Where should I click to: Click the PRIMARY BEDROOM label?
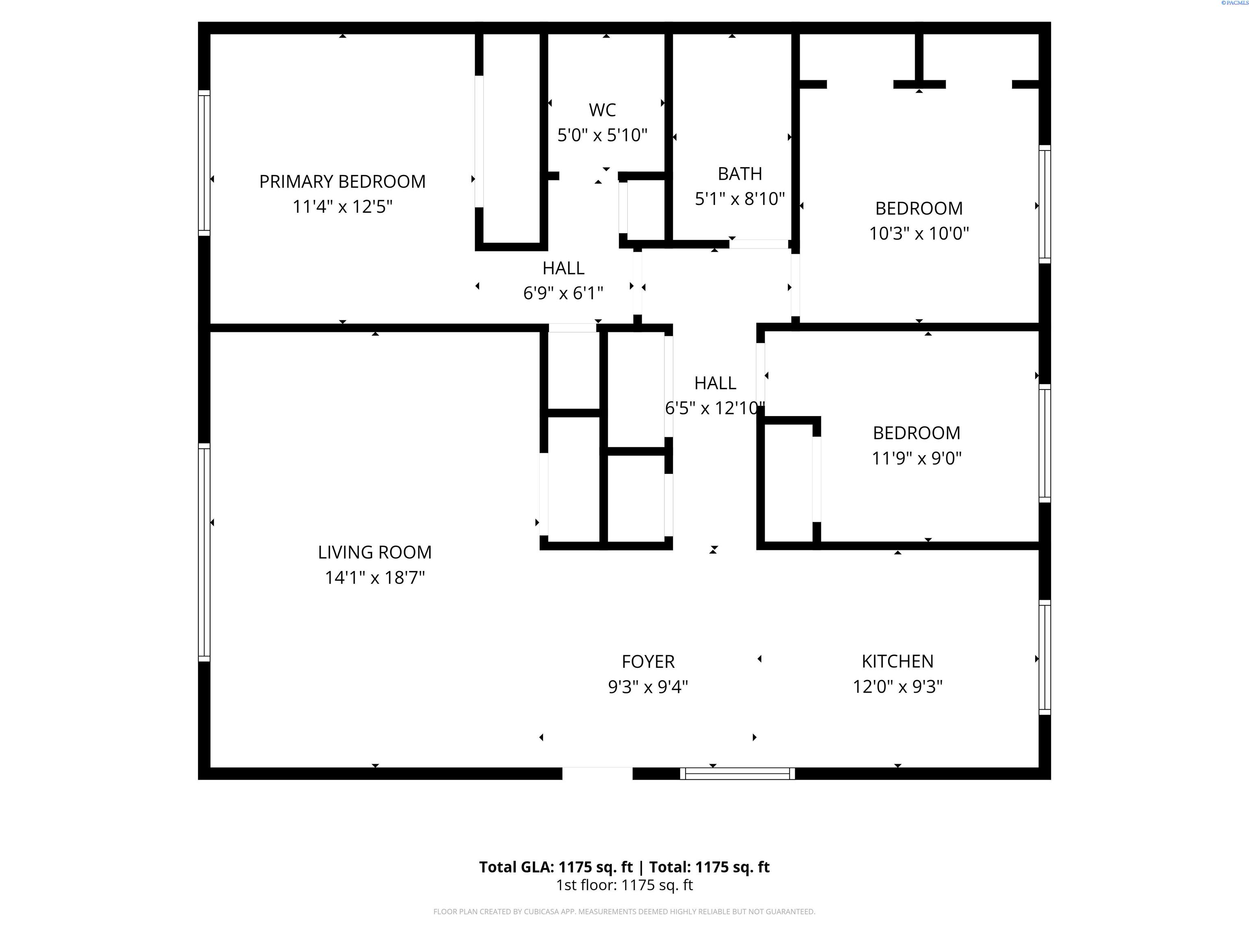coord(342,181)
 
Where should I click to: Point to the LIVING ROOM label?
coord(375,552)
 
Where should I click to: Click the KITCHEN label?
coord(897,661)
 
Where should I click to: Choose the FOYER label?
coord(648,661)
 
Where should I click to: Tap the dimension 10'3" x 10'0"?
coord(919,233)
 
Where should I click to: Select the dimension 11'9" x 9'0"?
coord(916,458)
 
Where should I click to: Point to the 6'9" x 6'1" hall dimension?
coord(564,293)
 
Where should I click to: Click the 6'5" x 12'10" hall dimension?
coord(715,408)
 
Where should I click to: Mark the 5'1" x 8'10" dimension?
coord(740,199)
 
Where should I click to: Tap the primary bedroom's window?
coord(204,163)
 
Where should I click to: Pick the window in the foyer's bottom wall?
coord(738,774)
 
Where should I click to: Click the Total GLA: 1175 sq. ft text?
coord(556,867)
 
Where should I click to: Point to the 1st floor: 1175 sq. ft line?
coord(624,885)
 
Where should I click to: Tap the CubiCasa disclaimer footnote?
coord(624,912)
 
